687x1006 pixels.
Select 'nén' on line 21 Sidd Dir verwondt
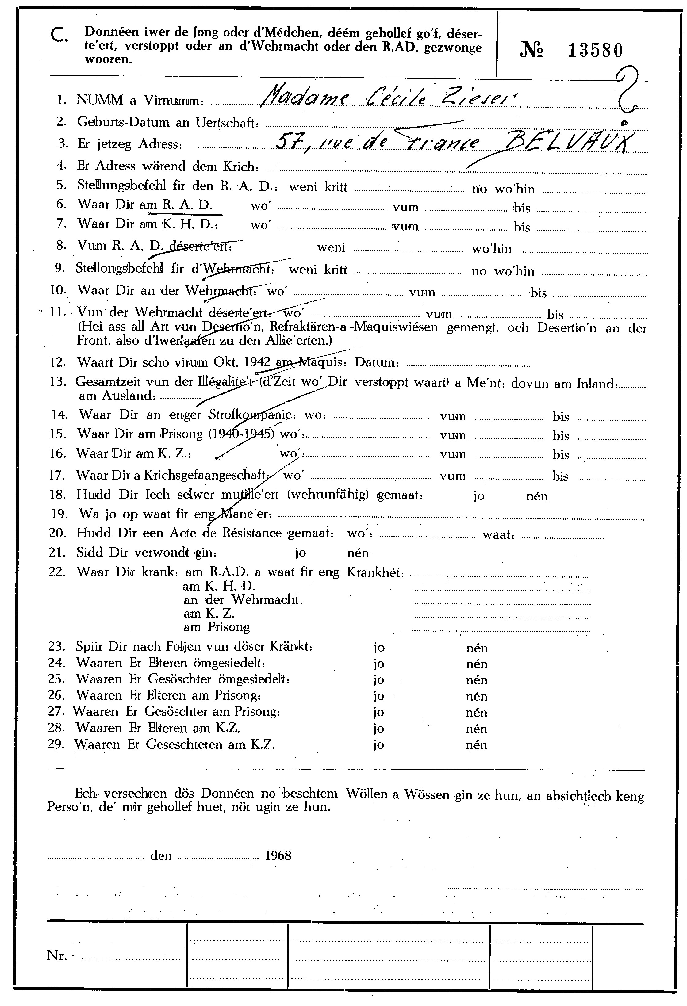click(x=358, y=553)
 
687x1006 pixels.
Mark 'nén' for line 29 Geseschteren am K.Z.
click(x=477, y=745)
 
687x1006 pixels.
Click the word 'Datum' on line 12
click(x=375, y=362)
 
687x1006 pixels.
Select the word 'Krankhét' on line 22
click(x=375, y=572)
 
